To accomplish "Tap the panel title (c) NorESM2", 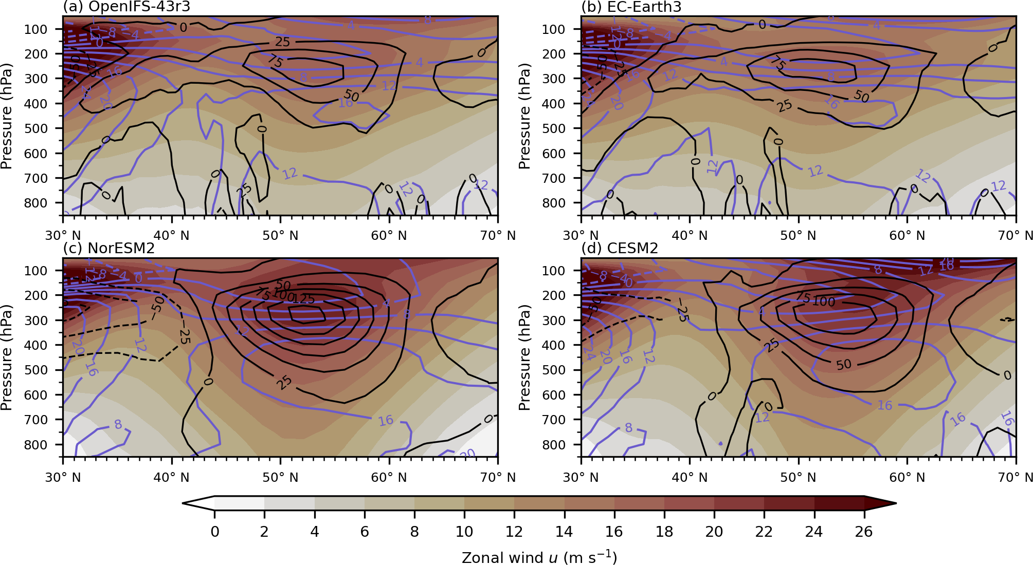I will click(x=108, y=248).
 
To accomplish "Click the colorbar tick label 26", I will click(x=864, y=532).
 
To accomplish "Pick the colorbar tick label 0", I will click(x=215, y=532).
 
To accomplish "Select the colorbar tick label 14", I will click(x=564, y=532).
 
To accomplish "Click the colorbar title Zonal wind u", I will click(x=539, y=558).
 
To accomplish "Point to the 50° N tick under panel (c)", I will click(x=280, y=478).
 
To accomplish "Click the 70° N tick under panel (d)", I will click(x=1015, y=478).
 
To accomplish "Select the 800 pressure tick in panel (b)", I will click(x=554, y=203).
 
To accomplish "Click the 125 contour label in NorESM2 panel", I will click(x=304, y=299).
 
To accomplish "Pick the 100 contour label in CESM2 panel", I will click(x=824, y=302).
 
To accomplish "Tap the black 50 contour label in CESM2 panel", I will click(x=844, y=365).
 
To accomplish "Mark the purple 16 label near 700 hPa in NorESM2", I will click(x=386, y=421).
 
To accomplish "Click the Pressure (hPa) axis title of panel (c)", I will click(x=7, y=357).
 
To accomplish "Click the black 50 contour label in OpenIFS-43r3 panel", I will click(x=351, y=96).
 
